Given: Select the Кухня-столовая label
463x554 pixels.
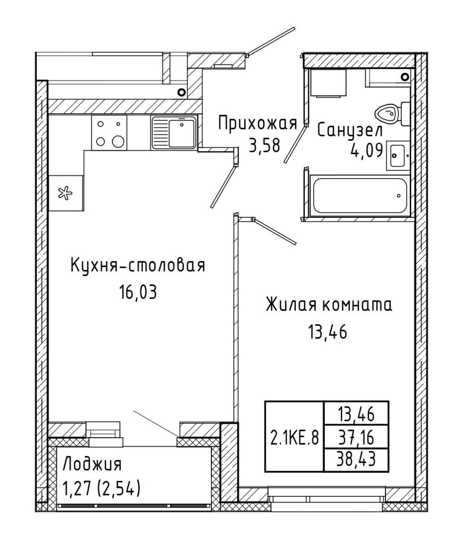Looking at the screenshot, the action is click(138, 266).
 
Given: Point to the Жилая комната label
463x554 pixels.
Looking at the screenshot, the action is click(329, 305).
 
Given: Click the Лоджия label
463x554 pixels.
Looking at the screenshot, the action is click(92, 464).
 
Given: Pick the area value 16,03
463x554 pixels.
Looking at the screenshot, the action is click(138, 292).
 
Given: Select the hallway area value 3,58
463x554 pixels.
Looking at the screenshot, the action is click(264, 145).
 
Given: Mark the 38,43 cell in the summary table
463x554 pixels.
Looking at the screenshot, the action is click(356, 459).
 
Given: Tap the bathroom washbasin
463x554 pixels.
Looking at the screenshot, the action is click(398, 156).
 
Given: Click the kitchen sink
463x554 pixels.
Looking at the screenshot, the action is click(174, 133).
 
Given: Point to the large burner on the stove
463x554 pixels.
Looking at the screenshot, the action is click(118, 141).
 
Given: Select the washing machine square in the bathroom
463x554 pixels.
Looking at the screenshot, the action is click(329, 83).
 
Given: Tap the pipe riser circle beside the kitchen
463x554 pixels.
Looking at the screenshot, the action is click(181, 92).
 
